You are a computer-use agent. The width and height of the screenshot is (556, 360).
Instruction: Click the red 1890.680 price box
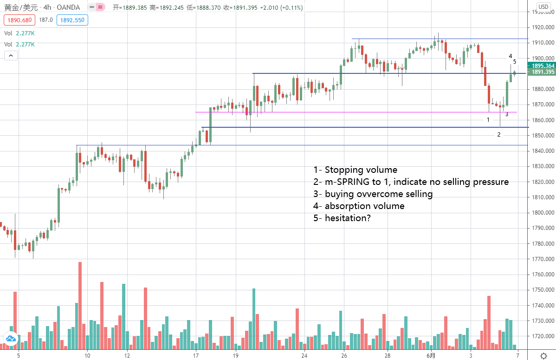(18, 20)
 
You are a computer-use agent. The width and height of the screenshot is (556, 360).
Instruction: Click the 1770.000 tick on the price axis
(543, 259)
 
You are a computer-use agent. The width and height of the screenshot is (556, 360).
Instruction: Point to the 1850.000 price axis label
(543, 136)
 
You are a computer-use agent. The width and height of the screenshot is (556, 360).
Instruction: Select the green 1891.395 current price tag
(543, 72)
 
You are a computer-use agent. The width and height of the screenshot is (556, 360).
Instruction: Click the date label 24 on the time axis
(304, 356)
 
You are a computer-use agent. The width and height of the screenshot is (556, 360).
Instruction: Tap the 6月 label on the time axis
(431, 356)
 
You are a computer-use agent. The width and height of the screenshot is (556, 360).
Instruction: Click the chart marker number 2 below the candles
(499, 135)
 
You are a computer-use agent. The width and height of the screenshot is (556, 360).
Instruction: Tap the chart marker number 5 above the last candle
(515, 61)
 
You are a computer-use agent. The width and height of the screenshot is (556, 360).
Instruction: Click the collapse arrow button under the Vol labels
(11, 56)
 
